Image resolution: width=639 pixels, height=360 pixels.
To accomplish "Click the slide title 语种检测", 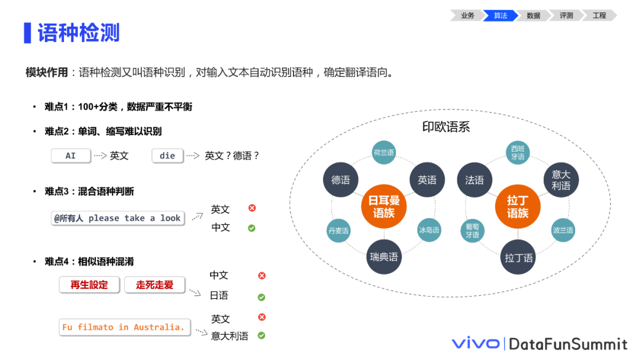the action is coord(79,33).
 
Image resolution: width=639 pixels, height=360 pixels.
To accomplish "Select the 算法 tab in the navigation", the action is coord(501,15).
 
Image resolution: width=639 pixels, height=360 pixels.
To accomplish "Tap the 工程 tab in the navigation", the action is coord(599,15).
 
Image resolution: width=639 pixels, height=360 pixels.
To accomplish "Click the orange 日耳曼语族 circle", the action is coord(384,207).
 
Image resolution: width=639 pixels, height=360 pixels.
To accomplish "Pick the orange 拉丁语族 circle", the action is coord(518,207).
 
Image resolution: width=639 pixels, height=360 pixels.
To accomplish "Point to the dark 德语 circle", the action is coord(341,180).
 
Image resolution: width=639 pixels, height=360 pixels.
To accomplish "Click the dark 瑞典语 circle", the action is coord(384,257).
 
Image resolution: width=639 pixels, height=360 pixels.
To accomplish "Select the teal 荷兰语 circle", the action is coord(384,153).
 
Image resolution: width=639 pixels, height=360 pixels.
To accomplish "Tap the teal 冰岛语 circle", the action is coord(429,230).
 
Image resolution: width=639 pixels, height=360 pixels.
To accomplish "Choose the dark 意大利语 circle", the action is coord(561,180).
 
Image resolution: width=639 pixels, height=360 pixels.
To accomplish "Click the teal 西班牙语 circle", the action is coord(518,153).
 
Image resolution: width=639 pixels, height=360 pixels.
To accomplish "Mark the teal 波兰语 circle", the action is coord(563,230).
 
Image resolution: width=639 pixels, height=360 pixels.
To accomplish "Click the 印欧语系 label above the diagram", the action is coord(446,127).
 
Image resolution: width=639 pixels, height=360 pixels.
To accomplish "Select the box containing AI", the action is coord(71,156).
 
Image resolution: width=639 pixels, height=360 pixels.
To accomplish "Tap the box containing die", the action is coord(167,156).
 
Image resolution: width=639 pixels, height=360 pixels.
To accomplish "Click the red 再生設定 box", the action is coord(89,285).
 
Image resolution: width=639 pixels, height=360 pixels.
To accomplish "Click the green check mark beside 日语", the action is coord(262,297).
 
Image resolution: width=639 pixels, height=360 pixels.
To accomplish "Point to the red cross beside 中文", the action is coord(262,275).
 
